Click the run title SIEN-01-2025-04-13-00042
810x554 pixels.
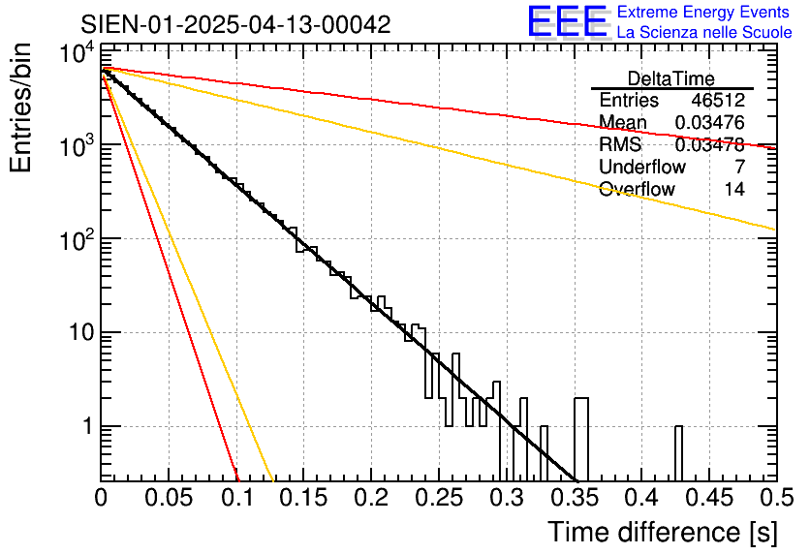[x=235, y=24]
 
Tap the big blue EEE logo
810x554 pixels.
[x=567, y=21]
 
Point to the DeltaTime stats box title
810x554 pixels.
[x=671, y=77]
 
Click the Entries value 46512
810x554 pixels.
[x=718, y=101]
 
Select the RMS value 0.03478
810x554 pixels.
[x=709, y=145]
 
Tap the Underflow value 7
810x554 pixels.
[x=739, y=168]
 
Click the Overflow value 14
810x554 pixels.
[x=734, y=190]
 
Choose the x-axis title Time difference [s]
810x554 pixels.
[x=661, y=532]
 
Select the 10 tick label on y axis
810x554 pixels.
[x=74, y=333]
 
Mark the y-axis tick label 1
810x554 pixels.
[x=83, y=427]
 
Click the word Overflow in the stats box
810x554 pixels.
[x=636, y=190]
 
